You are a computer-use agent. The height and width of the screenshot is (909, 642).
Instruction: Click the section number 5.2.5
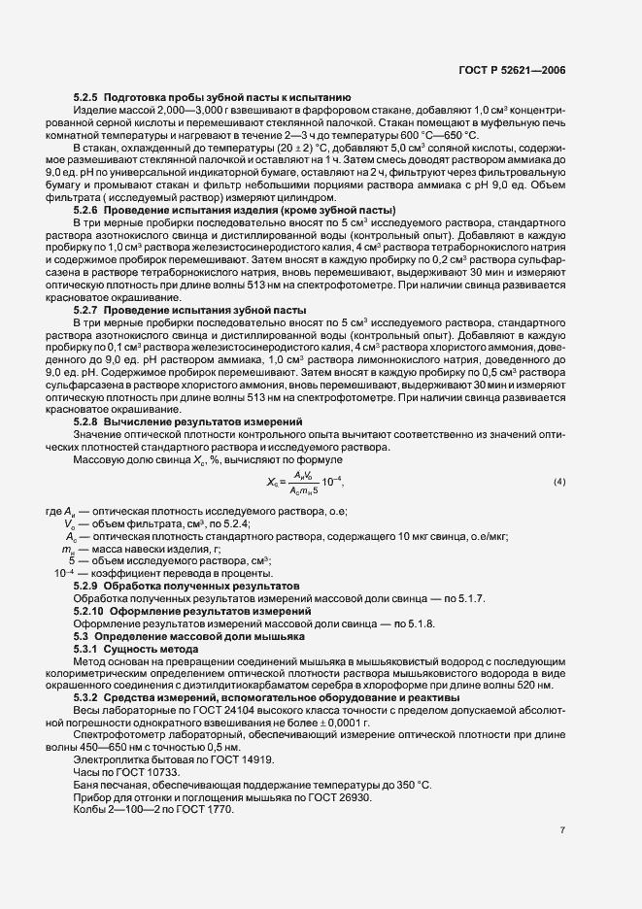[x=88, y=99]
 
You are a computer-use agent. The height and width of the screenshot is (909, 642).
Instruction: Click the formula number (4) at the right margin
[x=559, y=482]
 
